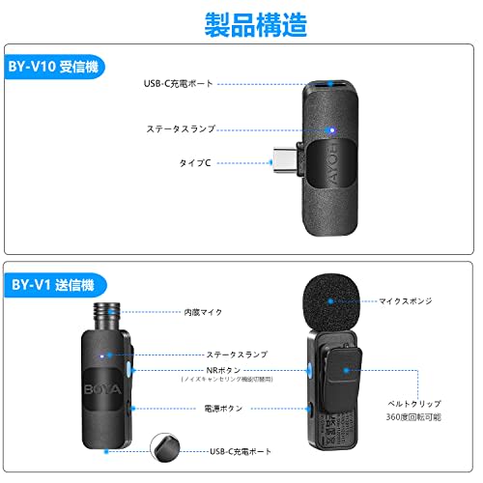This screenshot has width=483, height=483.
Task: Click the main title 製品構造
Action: click(x=241, y=22)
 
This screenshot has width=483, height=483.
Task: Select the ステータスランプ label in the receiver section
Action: click(x=181, y=128)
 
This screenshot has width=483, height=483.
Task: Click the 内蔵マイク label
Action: click(x=204, y=312)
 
